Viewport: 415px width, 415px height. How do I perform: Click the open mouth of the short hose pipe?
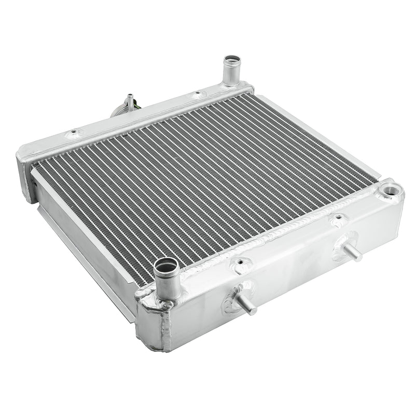[x=165, y=267]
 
